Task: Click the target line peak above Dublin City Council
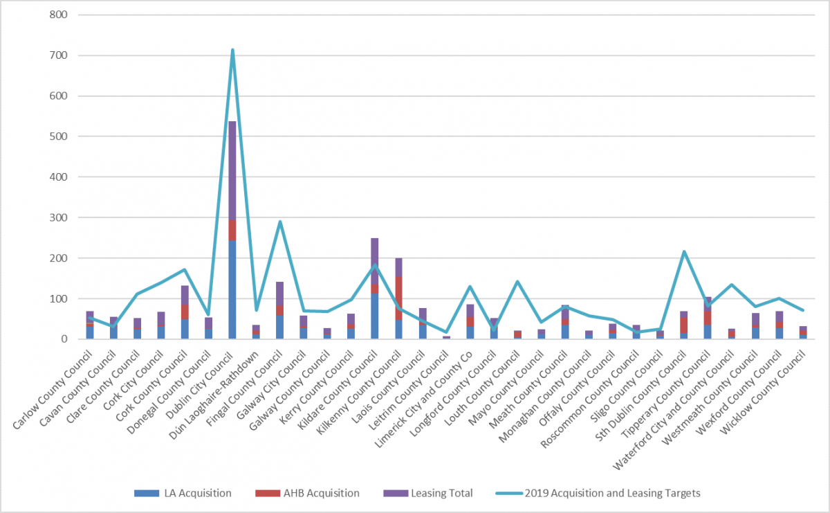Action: (232, 50)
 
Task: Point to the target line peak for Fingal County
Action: (280, 222)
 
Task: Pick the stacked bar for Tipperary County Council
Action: (708, 318)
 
